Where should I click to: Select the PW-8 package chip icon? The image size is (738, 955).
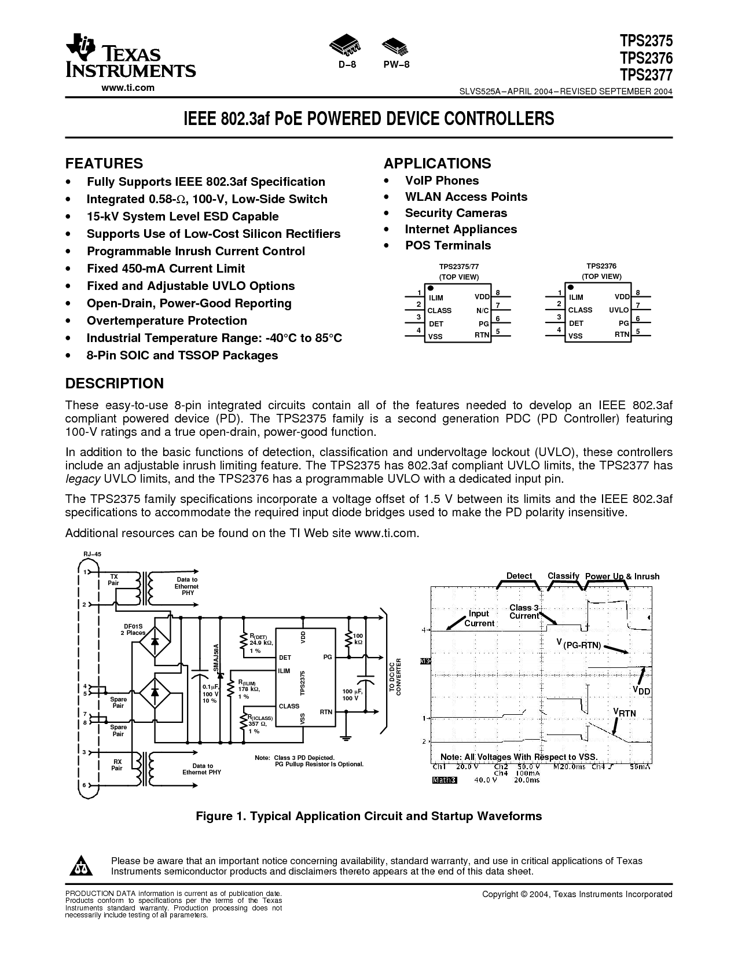(x=396, y=45)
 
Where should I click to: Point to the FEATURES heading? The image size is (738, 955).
(x=104, y=163)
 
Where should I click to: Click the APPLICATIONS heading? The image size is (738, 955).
(x=437, y=163)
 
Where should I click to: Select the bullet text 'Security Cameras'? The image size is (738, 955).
(x=456, y=213)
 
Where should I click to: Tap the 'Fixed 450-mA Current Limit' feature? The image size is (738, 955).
(x=166, y=269)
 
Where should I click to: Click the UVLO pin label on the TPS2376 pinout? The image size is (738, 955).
(x=619, y=310)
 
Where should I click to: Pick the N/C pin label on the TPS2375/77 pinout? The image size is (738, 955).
(x=482, y=311)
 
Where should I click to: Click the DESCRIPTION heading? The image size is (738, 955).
(x=115, y=384)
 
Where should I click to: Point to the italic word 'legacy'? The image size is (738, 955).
(x=83, y=479)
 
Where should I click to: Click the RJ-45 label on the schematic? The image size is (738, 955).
(x=92, y=554)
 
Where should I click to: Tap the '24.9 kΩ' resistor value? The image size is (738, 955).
(x=260, y=643)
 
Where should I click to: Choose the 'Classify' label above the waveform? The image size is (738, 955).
(x=563, y=576)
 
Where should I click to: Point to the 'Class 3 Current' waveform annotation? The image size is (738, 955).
(x=524, y=612)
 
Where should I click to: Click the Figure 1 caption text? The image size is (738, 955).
(x=369, y=816)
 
